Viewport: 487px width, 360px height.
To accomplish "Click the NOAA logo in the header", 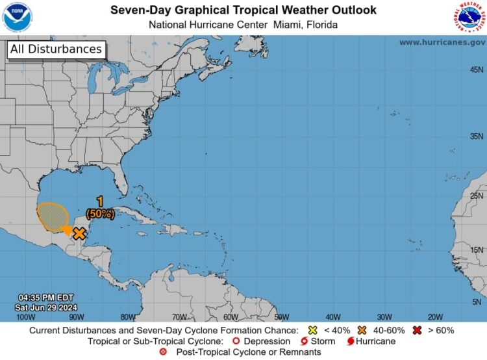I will tap(18, 18).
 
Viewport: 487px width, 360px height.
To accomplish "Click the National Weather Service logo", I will tap(469, 18).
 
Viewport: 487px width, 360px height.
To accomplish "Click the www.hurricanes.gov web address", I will tap(442, 42).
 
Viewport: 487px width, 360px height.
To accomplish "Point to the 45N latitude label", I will tap(476, 70).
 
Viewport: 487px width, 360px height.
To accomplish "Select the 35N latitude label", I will tap(476, 136).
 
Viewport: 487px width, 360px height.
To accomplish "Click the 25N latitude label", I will tap(476, 196).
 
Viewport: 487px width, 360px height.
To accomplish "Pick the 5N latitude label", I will tap(477, 302).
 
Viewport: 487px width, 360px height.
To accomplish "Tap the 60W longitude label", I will tap(230, 317).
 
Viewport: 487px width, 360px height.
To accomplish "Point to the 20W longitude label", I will tap(436, 317).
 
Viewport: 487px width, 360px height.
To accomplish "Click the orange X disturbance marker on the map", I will tap(79, 233).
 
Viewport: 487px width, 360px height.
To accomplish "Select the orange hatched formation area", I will tap(52, 217).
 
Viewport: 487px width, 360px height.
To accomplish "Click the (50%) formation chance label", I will tap(100, 213).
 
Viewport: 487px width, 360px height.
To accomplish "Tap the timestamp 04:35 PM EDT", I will tap(41, 296).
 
